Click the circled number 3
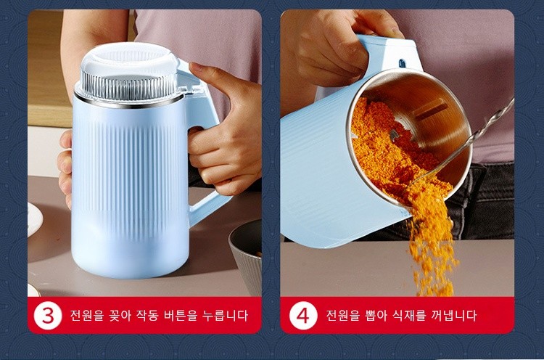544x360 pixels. (x=48, y=315)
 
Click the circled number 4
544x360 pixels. (x=303, y=315)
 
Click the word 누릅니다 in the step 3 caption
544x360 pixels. (x=226, y=316)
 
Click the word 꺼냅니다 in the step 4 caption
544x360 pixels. (x=454, y=316)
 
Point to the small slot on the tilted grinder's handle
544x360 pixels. (x=402, y=64)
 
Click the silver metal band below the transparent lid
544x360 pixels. (x=129, y=102)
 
